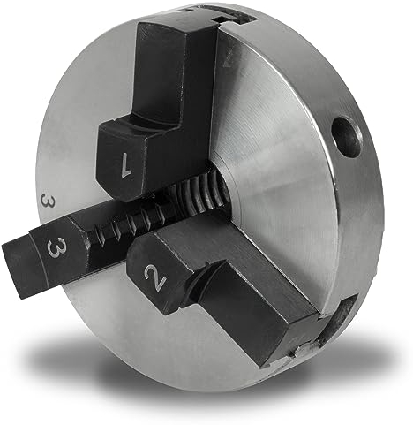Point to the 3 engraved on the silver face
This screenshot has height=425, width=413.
pyautogui.click(x=45, y=201)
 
